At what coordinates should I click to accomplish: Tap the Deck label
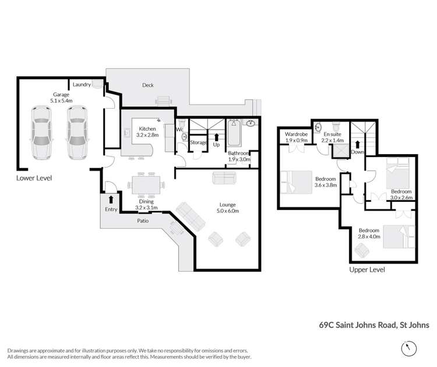click(x=148, y=85)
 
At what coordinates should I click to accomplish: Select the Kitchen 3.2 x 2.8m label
click(x=143, y=131)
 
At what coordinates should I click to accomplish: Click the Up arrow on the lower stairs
click(x=217, y=138)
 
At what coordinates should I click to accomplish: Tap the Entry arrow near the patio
click(x=111, y=199)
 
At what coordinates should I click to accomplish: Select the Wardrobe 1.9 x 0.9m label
click(x=296, y=137)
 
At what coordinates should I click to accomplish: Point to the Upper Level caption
click(x=366, y=270)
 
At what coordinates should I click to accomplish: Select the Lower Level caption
click(x=34, y=177)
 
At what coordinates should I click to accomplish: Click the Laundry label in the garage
click(x=82, y=85)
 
